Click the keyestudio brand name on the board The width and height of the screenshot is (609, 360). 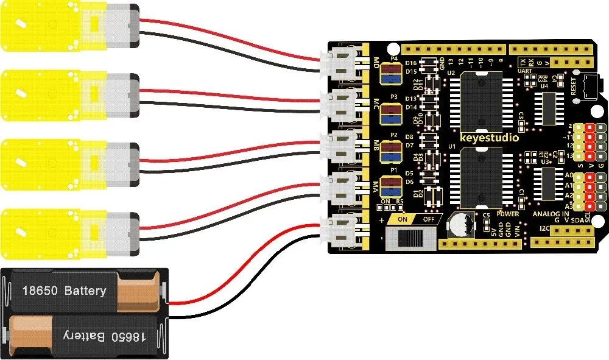[x=489, y=138]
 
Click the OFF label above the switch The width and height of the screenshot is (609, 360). [x=429, y=219]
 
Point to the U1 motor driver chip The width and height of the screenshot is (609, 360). [x=482, y=177]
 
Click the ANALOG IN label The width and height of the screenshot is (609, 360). [x=551, y=214]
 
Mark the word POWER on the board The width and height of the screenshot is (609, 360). [x=507, y=214]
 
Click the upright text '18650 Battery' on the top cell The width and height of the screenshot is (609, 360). [x=64, y=291]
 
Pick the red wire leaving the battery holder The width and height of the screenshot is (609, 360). [x=244, y=268]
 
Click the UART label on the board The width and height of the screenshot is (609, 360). [x=524, y=71]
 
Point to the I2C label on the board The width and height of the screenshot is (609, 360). [x=544, y=229]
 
